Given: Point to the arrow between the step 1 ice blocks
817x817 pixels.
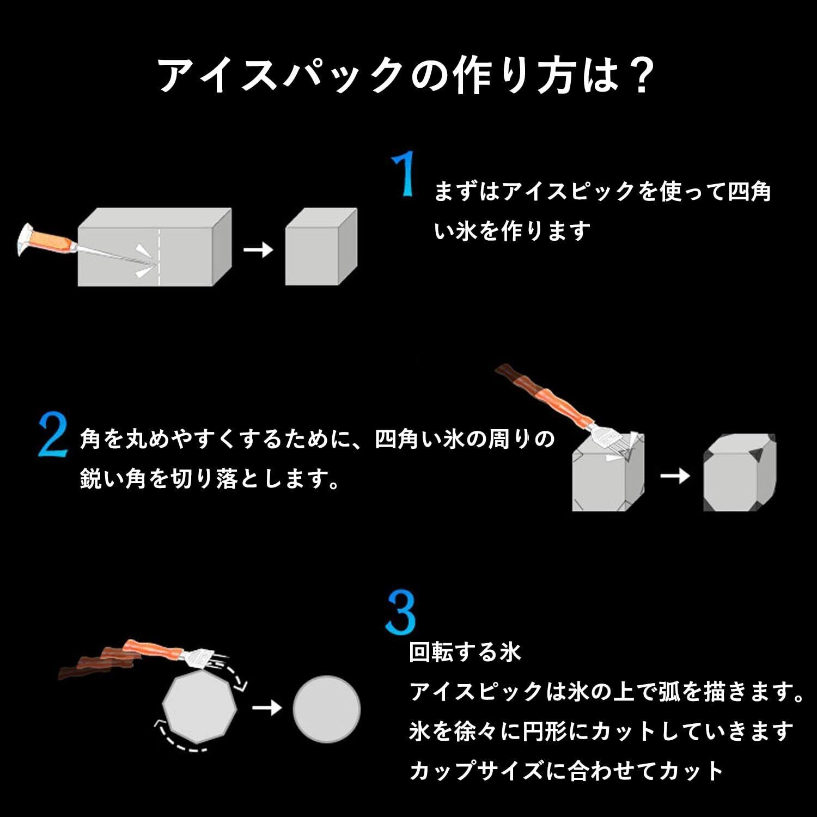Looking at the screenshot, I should pos(258,250).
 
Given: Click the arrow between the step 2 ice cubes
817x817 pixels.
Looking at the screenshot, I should pos(674,475).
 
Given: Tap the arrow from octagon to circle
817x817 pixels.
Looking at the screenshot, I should pos(267,708).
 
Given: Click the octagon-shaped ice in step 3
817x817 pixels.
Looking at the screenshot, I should pos(200,707).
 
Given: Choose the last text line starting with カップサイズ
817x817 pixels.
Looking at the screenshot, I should pos(566,771).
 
